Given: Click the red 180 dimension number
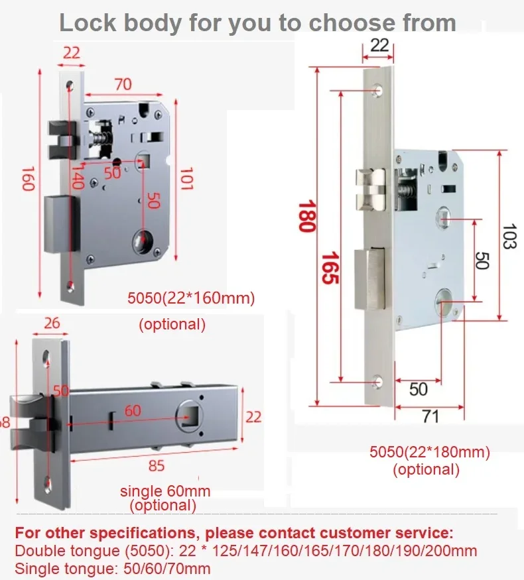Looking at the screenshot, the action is pos(306,216).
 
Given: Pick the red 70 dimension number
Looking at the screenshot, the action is pos(123,84).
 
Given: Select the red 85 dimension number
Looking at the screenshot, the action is pos(156,466).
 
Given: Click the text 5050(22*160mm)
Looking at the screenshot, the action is pos(191,298).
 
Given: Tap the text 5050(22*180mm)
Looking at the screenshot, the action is pos(429,453).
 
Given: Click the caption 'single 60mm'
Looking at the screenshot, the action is pos(165,491).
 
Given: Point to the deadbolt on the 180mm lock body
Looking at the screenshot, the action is pos(368,280).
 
